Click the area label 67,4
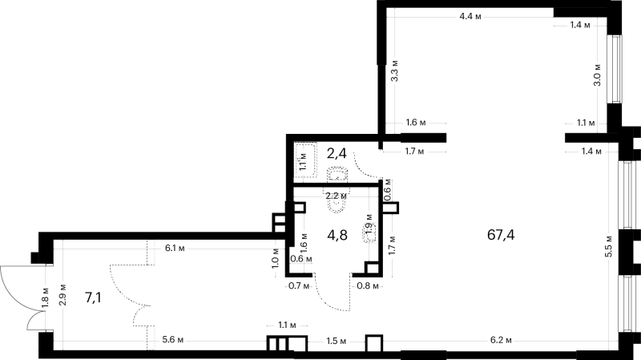(501, 235)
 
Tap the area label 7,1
(93, 297)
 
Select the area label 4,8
(337, 235)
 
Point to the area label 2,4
(337, 153)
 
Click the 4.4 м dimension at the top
(470, 16)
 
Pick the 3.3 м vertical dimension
(395, 71)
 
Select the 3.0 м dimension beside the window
(597, 75)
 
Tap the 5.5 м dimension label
(609, 246)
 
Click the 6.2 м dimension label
(502, 340)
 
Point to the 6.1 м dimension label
(175, 248)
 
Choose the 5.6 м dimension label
(172, 340)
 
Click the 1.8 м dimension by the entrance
(45, 297)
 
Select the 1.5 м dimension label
(336, 341)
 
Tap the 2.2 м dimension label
(336, 196)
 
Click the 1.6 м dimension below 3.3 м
(416, 123)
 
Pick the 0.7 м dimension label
(298, 285)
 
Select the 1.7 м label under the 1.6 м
(414, 152)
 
